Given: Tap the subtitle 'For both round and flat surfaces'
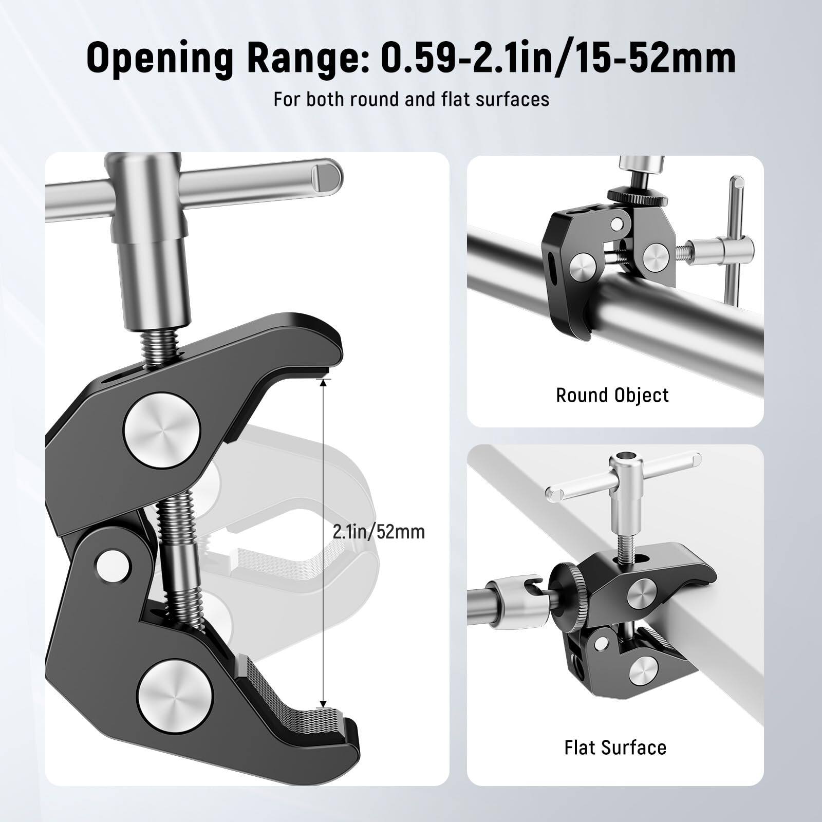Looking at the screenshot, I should tap(411, 99).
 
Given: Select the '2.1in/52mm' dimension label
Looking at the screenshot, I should tap(379, 531).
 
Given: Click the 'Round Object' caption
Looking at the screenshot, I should tap(612, 395).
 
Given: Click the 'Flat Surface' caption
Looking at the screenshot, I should tap(615, 747).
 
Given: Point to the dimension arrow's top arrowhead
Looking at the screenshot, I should tap(323, 383).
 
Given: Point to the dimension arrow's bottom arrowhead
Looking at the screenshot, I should tap(323, 703).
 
